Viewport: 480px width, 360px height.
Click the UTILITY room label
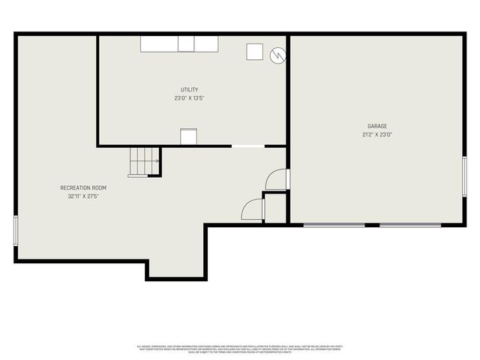click(189, 90)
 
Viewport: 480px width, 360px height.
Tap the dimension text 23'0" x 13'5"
click(189, 98)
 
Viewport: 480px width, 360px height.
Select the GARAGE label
click(377, 126)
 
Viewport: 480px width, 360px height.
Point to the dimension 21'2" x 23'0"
click(377, 135)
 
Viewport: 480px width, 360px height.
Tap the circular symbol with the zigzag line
click(278, 54)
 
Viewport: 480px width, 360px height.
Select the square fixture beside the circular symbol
click(256, 52)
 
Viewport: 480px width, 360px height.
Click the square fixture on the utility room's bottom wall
click(188, 136)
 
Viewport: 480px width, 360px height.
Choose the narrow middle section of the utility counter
click(186, 43)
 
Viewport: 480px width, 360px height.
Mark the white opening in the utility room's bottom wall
click(247, 145)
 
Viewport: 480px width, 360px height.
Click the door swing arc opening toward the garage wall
click(277, 179)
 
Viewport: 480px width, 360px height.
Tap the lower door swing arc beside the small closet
click(252, 209)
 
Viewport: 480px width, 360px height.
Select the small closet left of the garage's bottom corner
click(275, 208)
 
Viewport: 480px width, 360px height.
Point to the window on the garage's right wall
click(465, 177)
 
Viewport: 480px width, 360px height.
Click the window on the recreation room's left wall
click(16, 229)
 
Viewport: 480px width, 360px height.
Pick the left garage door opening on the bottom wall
click(334, 224)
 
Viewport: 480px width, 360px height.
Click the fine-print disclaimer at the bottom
click(239, 348)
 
